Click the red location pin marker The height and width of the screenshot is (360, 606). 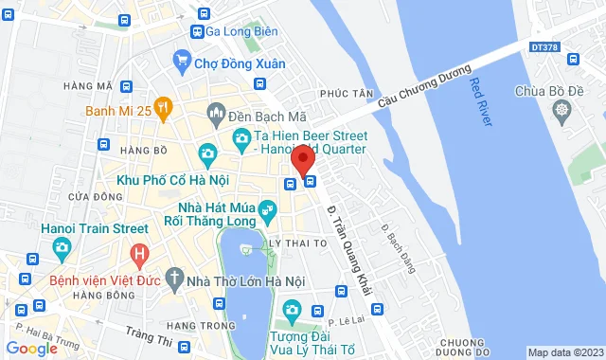click(303, 159)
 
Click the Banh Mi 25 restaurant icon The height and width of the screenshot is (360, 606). click(163, 108)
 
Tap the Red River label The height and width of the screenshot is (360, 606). click(478, 99)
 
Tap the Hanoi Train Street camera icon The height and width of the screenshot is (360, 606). click(62, 249)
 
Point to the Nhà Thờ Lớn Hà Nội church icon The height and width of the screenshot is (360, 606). click(174, 279)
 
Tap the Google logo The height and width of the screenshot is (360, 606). click(30, 349)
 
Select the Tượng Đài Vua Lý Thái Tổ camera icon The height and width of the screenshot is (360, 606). click(292, 311)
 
